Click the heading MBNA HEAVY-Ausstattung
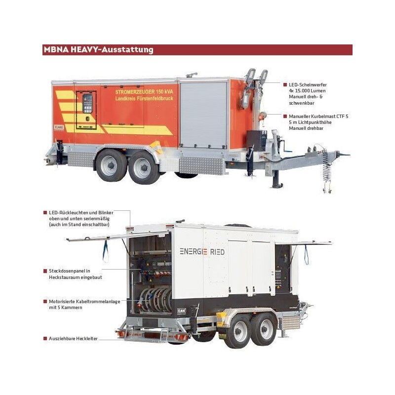98,50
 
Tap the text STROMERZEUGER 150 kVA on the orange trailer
140,92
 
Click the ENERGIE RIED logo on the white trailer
202,252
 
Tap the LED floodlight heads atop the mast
256,78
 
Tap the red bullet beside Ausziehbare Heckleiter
44,339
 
